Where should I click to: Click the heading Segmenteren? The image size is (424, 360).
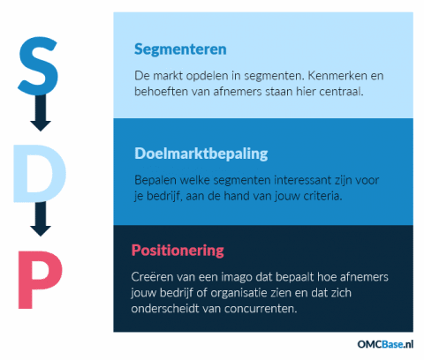(x=180, y=49)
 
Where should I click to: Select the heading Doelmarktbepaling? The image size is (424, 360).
(x=201, y=153)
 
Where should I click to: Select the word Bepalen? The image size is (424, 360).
(x=156, y=179)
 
